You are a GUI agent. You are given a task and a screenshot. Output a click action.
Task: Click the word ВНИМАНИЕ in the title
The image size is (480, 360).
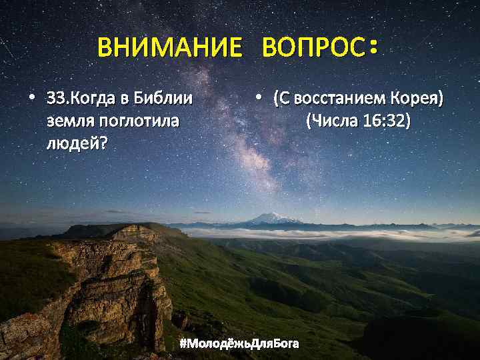pyautogui.click(x=169, y=48)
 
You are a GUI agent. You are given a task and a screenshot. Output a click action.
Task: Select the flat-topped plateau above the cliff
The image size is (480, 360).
pyautogui.click(x=120, y=231)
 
